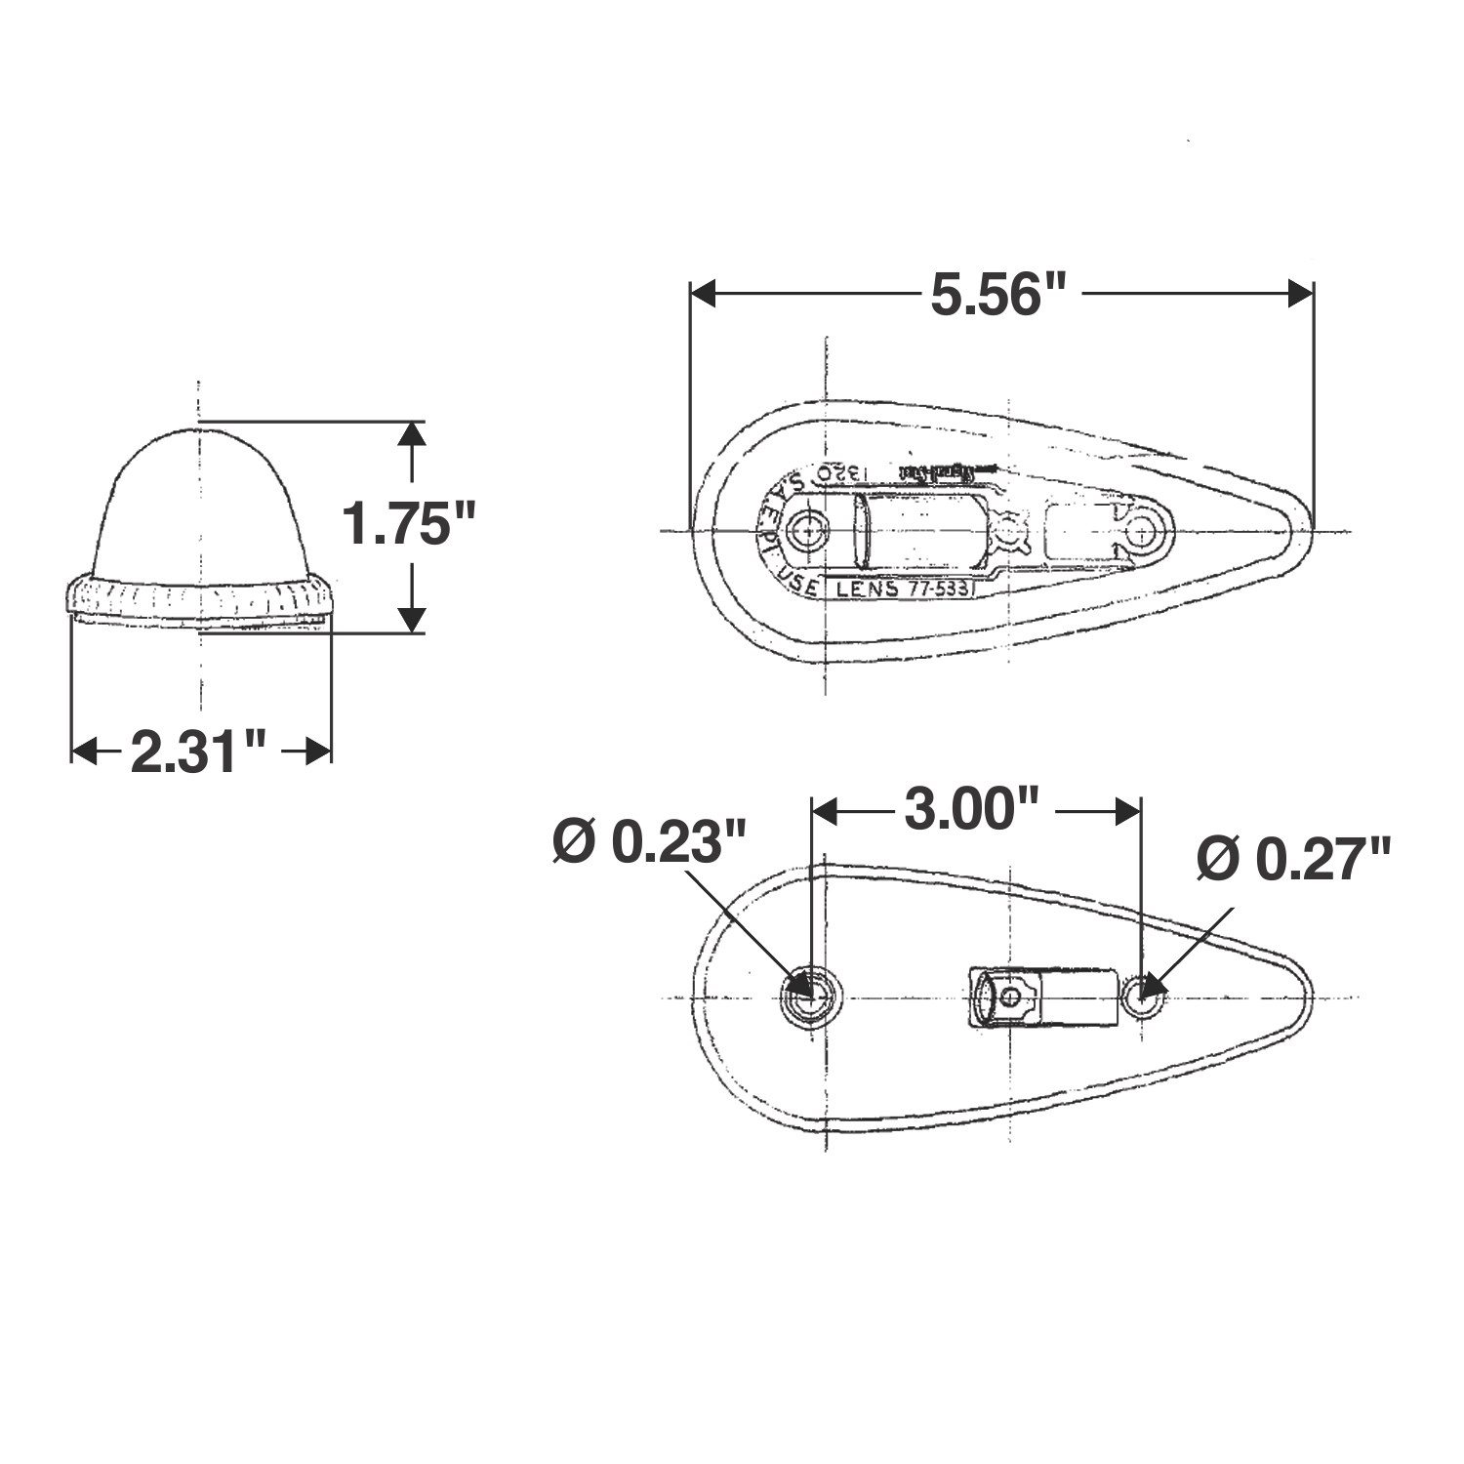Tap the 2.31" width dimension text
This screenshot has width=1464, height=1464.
click(x=198, y=752)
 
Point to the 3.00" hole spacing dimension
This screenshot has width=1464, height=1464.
click(x=972, y=810)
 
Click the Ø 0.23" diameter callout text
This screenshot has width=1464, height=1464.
click(x=649, y=841)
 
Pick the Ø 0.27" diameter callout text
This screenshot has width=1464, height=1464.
click(x=1293, y=859)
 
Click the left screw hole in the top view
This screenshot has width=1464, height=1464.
click(x=808, y=531)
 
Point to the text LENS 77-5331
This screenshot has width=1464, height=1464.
click(x=903, y=589)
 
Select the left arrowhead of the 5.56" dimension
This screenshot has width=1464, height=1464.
click(x=705, y=294)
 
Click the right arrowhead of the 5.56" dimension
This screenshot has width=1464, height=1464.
click(x=1300, y=294)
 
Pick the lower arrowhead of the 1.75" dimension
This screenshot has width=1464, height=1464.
click(x=413, y=619)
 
